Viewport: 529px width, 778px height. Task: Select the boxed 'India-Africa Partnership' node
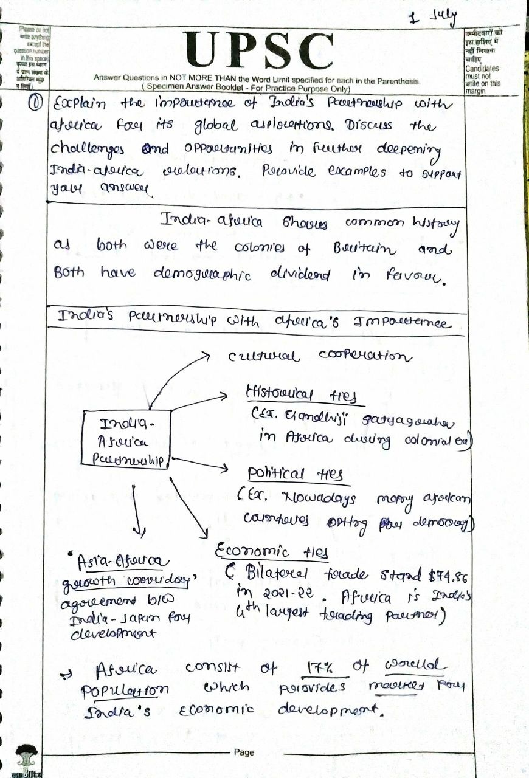click(x=126, y=442)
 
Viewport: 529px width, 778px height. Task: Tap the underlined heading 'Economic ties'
click(x=272, y=553)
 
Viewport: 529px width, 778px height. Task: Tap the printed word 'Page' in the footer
click(x=243, y=752)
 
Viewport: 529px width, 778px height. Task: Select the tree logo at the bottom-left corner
click(x=26, y=757)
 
